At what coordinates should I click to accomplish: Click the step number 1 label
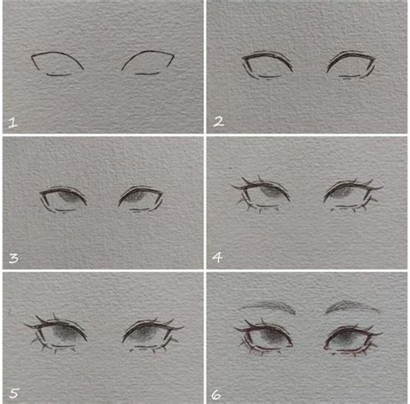pos(12,122)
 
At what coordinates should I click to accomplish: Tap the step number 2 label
pos(218,122)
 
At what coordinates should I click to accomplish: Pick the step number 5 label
pos(12,392)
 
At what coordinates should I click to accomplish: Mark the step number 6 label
pos(218,393)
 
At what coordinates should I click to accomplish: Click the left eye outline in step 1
pos(56,63)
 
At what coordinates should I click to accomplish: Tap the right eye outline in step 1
pos(149,62)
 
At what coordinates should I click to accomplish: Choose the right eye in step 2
pos(353,64)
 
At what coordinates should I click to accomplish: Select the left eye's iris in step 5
pos(59,335)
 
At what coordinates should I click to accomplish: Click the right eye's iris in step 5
pos(145,335)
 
